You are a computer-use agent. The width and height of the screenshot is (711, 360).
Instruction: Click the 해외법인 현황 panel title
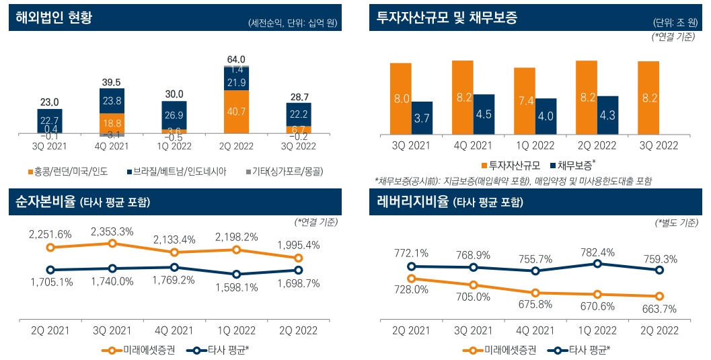54,18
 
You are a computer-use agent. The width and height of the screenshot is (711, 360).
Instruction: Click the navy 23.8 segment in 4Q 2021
112,101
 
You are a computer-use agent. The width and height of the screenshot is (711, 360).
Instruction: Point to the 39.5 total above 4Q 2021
112,82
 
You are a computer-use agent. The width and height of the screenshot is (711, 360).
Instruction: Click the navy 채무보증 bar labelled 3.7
421,118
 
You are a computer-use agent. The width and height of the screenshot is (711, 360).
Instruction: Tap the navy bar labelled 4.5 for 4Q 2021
483,113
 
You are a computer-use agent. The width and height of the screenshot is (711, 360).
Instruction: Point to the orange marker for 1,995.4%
299,258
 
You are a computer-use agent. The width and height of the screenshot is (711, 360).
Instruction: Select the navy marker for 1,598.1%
237,275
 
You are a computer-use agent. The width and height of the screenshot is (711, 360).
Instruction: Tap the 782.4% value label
597,252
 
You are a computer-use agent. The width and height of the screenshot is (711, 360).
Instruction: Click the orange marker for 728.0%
412,278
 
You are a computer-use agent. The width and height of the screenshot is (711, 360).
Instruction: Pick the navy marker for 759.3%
659,270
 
